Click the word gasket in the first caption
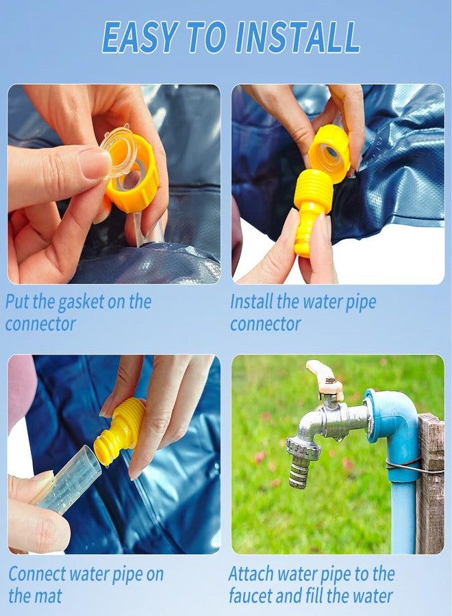(x=81, y=303)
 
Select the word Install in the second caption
(x=251, y=301)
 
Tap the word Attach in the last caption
(x=251, y=574)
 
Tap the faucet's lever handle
(x=324, y=376)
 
